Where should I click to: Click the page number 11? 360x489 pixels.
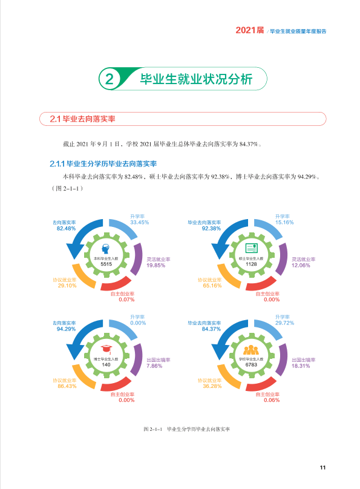pyautogui.click(x=322, y=467)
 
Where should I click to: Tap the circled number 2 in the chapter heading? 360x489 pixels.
pyautogui.click(x=109, y=79)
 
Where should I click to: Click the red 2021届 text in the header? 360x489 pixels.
pyautogui.click(x=250, y=30)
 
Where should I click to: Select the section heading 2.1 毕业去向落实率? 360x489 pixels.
pyautogui.click(x=83, y=119)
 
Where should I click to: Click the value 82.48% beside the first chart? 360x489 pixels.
pyautogui.click(x=66, y=228)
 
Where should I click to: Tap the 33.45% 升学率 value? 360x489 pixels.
pyautogui.click(x=139, y=222)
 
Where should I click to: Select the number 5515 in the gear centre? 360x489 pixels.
pyautogui.click(x=106, y=264)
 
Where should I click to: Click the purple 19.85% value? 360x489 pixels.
pyautogui.click(x=156, y=266)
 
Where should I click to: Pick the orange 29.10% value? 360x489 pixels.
pyautogui.click(x=67, y=286)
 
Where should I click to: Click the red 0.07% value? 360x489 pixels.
pyautogui.click(x=126, y=300)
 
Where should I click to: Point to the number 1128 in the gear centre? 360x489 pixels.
pyautogui.click(x=251, y=264)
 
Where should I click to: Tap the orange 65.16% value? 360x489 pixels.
pyautogui.click(x=212, y=286)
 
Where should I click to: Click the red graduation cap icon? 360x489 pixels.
pyautogui.click(x=106, y=349)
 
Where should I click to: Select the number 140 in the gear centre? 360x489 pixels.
pyautogui.click(x=106, y=364)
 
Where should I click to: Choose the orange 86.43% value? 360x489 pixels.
pyautogui.click(x=67, y=386)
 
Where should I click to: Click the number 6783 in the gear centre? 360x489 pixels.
pyautogui.click(x=251, y=364)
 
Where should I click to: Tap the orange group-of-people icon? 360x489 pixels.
pyautogui.click(x=251, y=350)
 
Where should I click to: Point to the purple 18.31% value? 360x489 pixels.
pyautogui.click(x=301, y=366)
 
